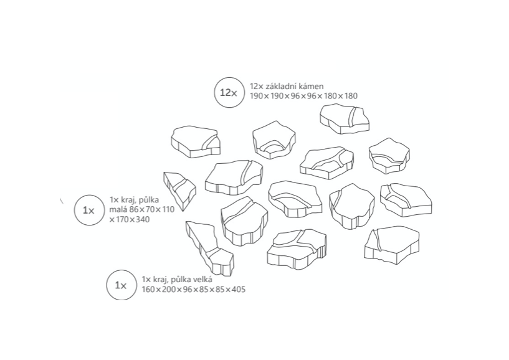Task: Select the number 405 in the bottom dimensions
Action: point(239,289)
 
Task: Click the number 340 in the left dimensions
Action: point(143,220)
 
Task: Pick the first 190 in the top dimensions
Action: point(256,96)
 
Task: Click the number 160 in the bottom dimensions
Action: point(148,289)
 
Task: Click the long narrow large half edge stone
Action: point(210,248)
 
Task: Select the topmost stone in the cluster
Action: point(345,119)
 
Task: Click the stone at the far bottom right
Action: point(391,245)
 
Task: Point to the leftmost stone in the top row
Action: point(196,141)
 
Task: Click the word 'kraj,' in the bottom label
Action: point(159,279)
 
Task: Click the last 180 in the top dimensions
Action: point(351,96)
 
